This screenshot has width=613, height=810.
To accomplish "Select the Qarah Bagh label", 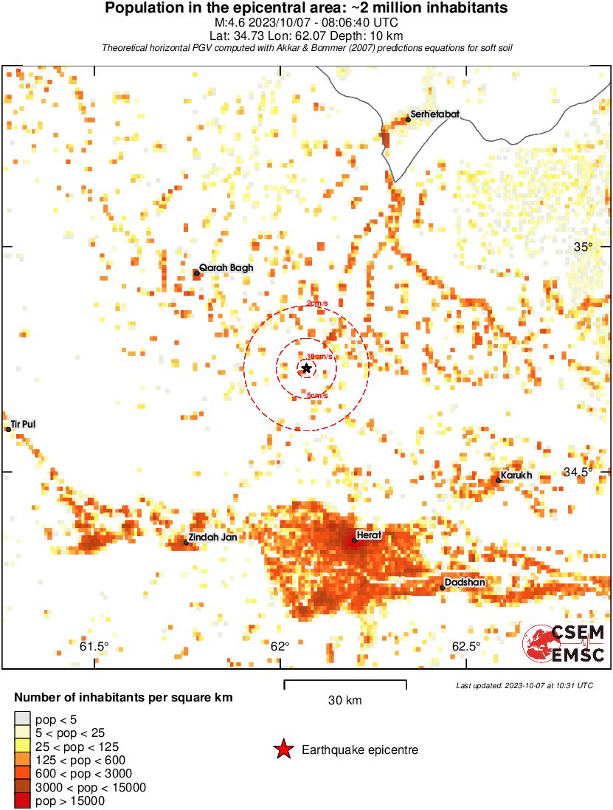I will click(226, 269).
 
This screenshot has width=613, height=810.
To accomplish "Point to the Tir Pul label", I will click(23, 425).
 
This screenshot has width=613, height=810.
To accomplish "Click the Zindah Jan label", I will click(212, 538).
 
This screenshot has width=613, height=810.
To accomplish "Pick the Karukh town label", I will click(516, 476).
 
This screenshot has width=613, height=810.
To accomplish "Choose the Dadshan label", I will click(465, 583).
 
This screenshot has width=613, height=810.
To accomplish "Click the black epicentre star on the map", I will click(306, 368).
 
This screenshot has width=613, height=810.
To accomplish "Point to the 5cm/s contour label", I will click(317, 397).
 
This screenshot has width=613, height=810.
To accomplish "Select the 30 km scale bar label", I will click(344, 700).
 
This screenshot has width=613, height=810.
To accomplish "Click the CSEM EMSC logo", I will click(564, 643).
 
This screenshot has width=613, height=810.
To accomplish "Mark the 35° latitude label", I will click(583, 247).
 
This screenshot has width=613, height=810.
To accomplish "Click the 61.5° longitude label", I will click(94, 647).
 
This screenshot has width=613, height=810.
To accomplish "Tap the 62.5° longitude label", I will click(465, 647).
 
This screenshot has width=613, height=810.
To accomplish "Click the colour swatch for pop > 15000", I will click(22, 801).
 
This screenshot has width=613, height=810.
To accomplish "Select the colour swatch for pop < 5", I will click(22, 718).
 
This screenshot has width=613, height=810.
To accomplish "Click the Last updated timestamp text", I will click(524, 685).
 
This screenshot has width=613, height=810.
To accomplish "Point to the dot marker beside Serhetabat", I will click(408, 119).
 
